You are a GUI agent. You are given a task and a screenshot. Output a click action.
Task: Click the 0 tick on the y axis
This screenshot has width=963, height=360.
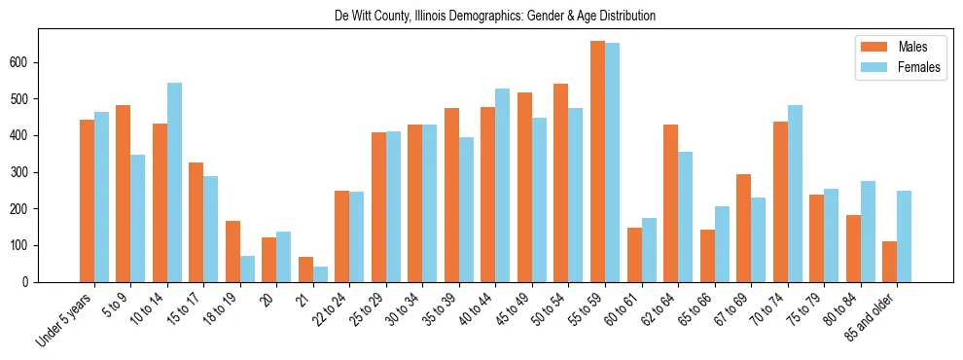point(31,282)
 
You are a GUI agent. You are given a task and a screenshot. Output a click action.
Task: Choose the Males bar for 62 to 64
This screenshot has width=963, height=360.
point(670,203)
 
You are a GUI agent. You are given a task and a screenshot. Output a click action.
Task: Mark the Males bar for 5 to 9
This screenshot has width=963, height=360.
point(123,194)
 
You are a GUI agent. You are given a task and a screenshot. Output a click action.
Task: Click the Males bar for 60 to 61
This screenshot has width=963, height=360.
point(634,255)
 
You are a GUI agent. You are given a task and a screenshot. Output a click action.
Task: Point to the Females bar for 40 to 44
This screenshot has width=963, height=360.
point(503,185)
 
